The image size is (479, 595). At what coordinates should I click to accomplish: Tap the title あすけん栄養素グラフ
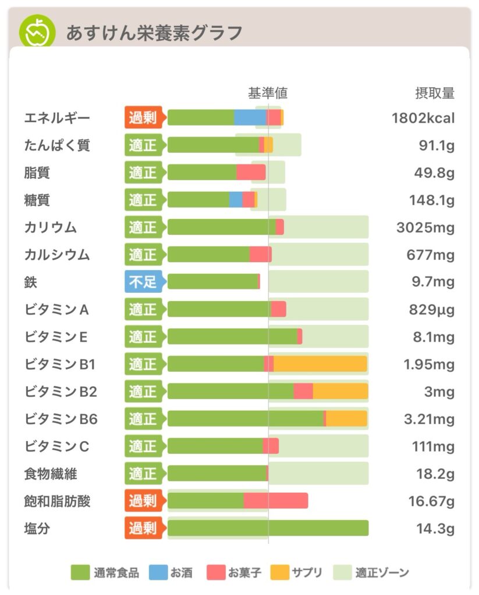[x=154, y=33]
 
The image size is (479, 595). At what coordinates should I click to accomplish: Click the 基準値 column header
[x=268, y=93]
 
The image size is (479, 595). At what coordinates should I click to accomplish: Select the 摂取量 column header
[x=434, y=93]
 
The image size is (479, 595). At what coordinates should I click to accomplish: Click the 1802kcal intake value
[x=423, y=118]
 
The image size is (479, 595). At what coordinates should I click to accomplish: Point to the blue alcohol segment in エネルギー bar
[x=250, y=117]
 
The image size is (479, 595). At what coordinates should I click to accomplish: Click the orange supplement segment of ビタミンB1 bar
[x=320, y=364]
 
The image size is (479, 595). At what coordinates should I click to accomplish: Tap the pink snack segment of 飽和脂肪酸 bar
[x=276, y=501]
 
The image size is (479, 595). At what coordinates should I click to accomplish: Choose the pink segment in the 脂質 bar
[x=251, y=172]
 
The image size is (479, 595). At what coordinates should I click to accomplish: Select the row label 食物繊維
[x=51, y=474]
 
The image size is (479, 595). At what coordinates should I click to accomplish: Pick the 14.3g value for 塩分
[x=435, y=529]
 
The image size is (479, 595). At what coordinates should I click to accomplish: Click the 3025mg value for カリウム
[x=425, y=227]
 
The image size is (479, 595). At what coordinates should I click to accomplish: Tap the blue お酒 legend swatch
[x=158, y=573]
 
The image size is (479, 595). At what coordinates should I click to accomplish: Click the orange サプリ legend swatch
[x=279, y=573]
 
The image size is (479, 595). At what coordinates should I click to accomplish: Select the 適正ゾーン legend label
[x=382, y=573]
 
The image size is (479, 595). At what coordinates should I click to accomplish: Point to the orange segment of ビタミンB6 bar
[x=346, y=418]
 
